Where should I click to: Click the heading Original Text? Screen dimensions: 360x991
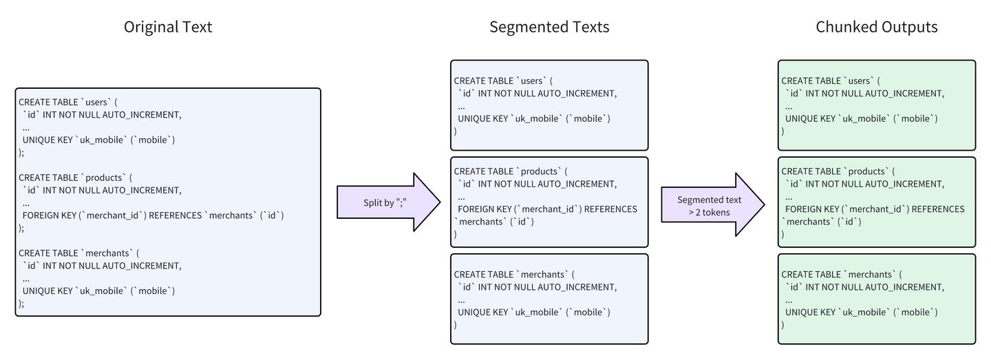pyautogui.click(x=168, y=27)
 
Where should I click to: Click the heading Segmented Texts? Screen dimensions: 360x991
pyautogui.click(x=549, y=27)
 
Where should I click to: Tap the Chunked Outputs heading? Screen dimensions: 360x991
pyautogui.click(x=876, y=27)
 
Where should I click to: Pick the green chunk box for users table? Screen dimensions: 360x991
pyautogui.click(x=876, y=105)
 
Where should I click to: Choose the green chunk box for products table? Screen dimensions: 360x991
pyautogui.click(x=876, y=202)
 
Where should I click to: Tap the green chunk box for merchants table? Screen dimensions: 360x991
pyautogui.click(x=876, y=299)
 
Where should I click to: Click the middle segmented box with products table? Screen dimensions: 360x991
pyautogui.click(x=549, y=202)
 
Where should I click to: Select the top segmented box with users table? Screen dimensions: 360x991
pyautogui.click(x=549, y=105)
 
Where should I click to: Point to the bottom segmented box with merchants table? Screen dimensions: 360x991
pyautogui.click(x=549, y=299)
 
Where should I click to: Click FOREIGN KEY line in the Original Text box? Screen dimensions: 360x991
pyautogui.click(x=153, y=215)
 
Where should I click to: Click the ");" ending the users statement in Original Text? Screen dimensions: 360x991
pyautogui.click(x=21, y=153)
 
